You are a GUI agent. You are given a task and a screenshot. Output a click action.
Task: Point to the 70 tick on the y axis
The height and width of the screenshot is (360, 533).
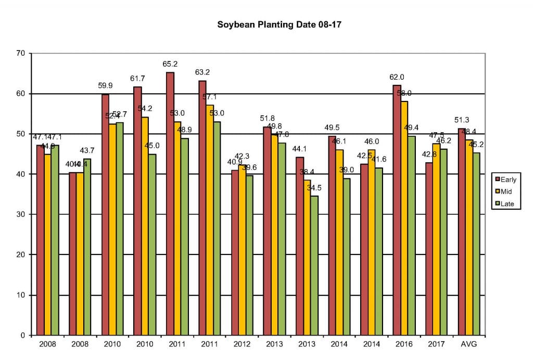[21, 54]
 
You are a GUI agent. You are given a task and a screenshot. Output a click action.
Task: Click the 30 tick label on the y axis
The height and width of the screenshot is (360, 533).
[21, 214]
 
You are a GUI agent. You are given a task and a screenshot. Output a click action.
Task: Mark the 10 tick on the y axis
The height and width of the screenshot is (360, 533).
[21, 295]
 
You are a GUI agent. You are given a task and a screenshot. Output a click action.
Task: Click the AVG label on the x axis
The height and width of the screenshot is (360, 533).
[469, 344]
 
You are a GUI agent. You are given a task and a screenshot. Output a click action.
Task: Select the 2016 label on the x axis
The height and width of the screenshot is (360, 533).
[404, 344]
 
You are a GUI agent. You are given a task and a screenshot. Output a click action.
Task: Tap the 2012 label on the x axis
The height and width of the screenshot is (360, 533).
[242, 344]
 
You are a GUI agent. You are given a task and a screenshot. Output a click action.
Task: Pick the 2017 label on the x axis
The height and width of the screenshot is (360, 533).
[436, 344]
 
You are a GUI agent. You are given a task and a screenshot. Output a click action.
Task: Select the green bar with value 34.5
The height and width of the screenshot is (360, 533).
[314, 265]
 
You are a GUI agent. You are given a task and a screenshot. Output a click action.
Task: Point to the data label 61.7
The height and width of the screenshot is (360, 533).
[137, 79]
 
